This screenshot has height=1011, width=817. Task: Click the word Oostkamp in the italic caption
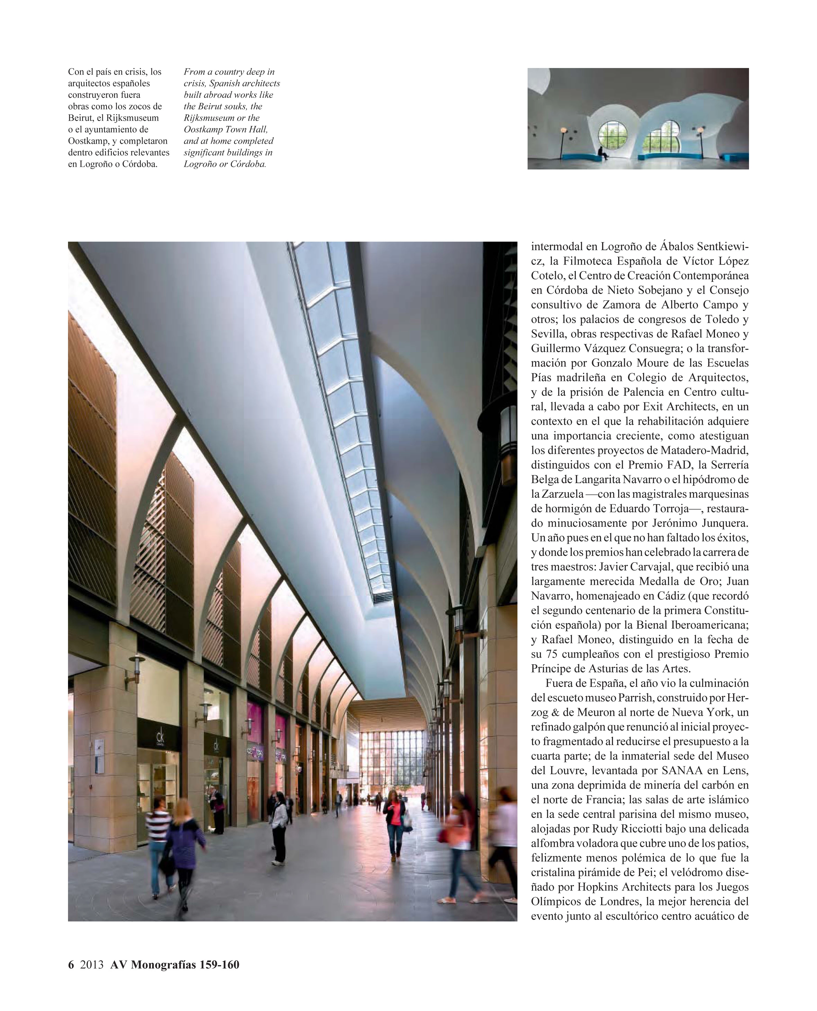pyautogui.click(x=202, y=129)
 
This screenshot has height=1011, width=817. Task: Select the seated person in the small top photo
pyautogui.click(x=601, y=153)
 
